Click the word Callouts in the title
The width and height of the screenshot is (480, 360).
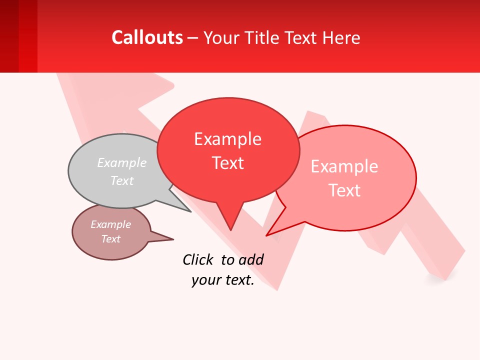pyautogui.click(x=147, y=37)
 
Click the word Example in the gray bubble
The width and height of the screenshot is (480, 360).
pyautogui.click(x=122, y=162)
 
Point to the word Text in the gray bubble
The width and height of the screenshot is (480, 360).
pyautogui.click(x=122, y=180)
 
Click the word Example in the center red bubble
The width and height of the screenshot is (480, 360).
pyautogui.click(x=227, y=139)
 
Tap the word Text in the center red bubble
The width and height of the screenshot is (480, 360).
pyautogui.click(x=228, y=163)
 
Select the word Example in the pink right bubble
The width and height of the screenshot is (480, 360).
pyautogui.click(x=344, y=166)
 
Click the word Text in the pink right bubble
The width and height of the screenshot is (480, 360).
pyautogui.click(x=344, y=190)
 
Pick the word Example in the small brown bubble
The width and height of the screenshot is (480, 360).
pyautogui.click(x=110, y=224)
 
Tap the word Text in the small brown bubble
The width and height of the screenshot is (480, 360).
pyautogui.click(x=110, y=239)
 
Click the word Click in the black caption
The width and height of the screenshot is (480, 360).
pyautogui.click(x=197, y=259)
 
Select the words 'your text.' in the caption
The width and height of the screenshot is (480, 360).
pyautogui.click(x=223, y=280)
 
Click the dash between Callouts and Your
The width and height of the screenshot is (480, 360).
pyautogui.click(x=193, y=38)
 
